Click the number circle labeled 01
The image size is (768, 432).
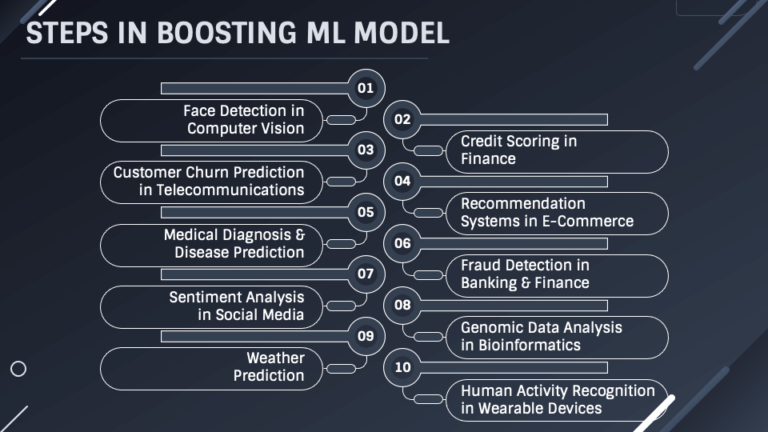point(366,88)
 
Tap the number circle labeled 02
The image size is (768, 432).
point(402,120)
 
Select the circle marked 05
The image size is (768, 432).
point(366,212)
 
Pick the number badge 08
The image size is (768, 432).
point(402,305)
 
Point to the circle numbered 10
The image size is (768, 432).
point(402,367)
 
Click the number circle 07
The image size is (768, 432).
point(366,274)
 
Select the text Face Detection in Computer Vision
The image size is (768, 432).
point(244,120)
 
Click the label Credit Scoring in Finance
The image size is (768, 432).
point(518,150)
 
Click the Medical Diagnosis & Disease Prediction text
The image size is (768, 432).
point(234,243)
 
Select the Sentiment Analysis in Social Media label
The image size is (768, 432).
point(237,306)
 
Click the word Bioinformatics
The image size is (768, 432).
point(530,346)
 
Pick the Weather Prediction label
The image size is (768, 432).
point(269,366)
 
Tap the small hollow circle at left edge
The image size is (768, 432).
point(18,369)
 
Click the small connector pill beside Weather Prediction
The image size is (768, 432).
point(342,368)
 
